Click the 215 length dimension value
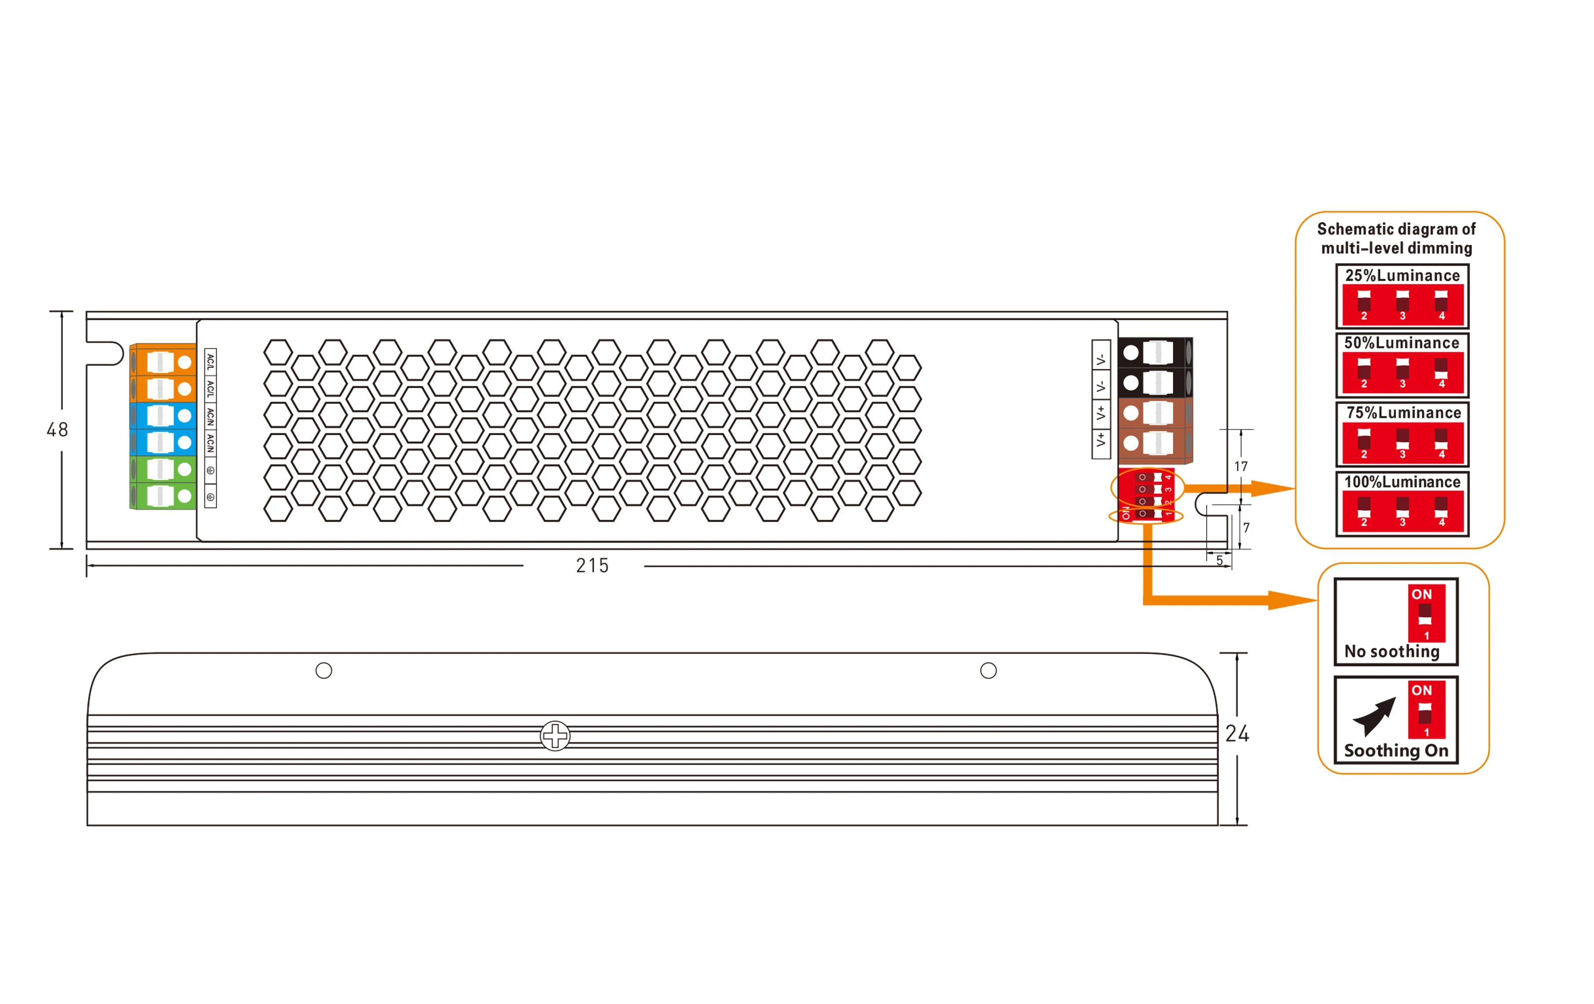click(592, 566)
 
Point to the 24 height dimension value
click(1237, 733)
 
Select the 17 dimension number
click(1241, 467)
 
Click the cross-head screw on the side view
click(555, 735)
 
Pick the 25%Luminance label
click(1402, 275)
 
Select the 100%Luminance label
click(1402, 482)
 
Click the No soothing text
click(1392, 652)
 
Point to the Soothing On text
click(1396, 751)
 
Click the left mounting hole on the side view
click(324, 671)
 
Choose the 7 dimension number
click(1246, 528)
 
